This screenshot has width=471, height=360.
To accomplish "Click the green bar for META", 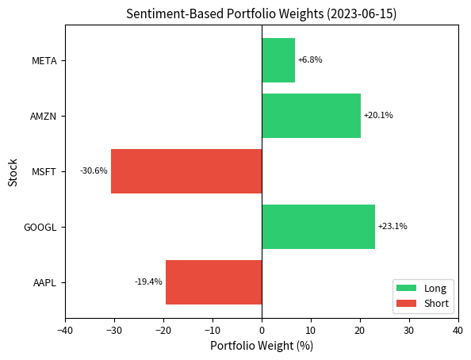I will coord(278,60).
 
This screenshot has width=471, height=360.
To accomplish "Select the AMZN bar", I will coord(311,116).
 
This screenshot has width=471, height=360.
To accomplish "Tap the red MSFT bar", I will coord(186,171).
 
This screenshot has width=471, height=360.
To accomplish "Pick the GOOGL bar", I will coord(318,227).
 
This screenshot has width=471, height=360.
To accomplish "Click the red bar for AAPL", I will coord(213,282).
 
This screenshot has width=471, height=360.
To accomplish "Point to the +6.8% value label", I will coord(310,60).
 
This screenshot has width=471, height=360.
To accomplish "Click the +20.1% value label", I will coord(378,116).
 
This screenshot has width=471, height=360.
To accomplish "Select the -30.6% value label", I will coord(94,171).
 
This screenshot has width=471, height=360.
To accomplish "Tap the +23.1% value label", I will coord(392,227).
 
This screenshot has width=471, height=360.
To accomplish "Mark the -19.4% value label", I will coord(148,282).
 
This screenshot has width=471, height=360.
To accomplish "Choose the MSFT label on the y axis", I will coord(44,171).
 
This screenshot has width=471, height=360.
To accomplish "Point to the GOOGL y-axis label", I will coord(40,227).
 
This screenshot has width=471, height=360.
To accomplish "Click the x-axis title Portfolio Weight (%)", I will coord(262,346).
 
